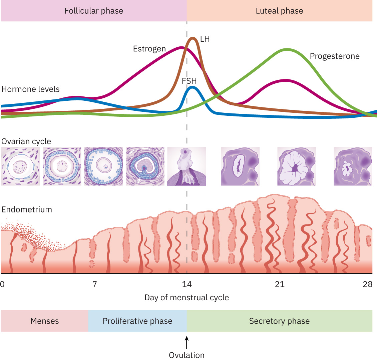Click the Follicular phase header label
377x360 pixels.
(x=94, y=11)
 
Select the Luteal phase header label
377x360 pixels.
(x=279, y=11)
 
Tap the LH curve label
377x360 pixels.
(x=205, y=39)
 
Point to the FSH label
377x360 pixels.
(x=189, y=81)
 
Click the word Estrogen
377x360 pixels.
(x=149, y=49)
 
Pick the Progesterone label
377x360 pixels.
(x=335, y=56)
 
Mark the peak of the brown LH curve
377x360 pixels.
(x=193, y=38)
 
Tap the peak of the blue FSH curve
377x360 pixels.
(x=192, y=87)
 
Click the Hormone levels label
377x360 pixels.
(x=30, y=89)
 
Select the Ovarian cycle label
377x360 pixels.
(x=26, y=141)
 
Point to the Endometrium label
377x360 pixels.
(x=27, y=210)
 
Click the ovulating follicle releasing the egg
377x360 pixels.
(x=186, y=166)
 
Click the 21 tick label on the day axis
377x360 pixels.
(x=280, y=284)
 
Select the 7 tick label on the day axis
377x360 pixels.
(x=95, y=284)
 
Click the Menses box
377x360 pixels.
(x=44, y=321)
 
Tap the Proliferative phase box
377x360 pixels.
(x=137, y=321)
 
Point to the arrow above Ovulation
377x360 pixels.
(x=187, y=342)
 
